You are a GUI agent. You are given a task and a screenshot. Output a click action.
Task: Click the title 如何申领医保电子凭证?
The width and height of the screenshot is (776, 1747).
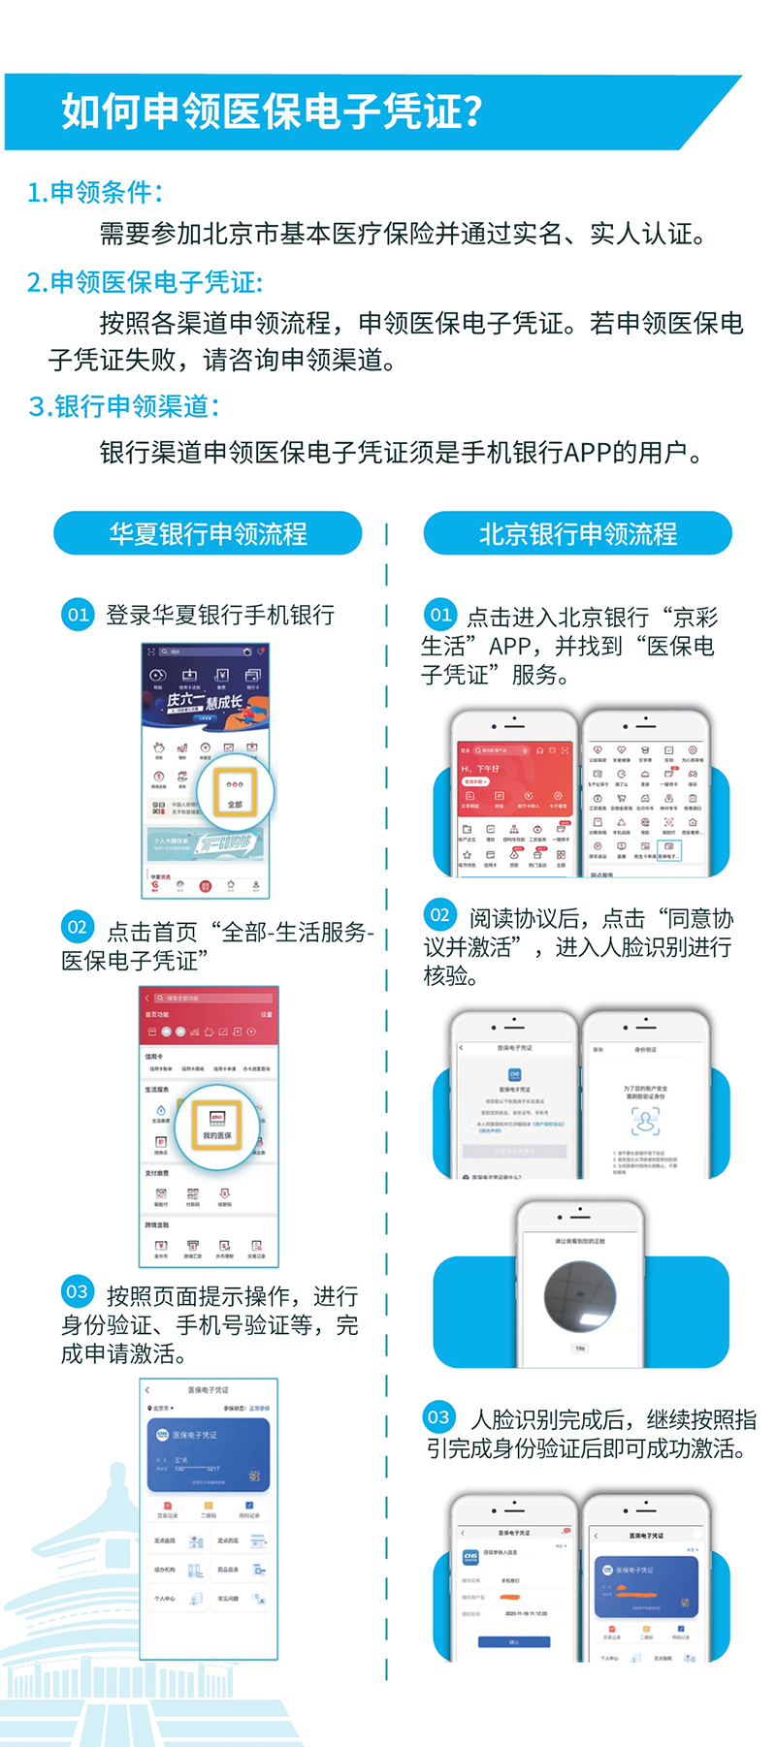point(272,111)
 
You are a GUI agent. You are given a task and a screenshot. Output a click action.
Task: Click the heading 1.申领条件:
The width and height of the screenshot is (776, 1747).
point(95,192)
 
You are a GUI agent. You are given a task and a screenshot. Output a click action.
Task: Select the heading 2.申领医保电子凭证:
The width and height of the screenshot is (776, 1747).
point(145,282)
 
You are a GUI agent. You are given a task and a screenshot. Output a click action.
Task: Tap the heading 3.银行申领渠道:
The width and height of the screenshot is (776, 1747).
point(123,406)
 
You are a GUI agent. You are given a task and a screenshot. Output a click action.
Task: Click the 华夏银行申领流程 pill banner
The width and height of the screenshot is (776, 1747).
point(208,533)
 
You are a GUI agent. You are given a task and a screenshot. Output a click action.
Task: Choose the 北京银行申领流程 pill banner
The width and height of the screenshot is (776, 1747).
point(577,533)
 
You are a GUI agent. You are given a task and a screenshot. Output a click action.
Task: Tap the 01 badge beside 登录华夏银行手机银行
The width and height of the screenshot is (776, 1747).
point(78,615)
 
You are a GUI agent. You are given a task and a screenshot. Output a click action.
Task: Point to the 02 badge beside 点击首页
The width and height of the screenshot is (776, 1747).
point(78,927)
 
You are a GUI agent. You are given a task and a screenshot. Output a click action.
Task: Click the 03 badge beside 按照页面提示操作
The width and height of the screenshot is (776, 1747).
point(78,1291)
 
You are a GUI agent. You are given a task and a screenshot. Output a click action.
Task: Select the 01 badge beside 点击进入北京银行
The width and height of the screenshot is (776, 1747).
point(440,615)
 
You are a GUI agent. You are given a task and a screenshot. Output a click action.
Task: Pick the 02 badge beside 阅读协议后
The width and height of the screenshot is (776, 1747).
point(440,914)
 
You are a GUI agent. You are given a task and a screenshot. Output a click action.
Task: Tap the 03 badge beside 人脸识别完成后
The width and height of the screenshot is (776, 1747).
point(439,1417)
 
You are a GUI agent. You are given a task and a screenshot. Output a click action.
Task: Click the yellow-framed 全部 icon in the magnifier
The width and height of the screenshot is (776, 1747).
point(235,792)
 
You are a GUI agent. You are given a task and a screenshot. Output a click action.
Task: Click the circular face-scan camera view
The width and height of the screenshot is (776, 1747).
point(580,1297)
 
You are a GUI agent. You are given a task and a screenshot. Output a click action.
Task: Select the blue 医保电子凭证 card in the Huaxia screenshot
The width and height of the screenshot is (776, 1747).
point(209,1454)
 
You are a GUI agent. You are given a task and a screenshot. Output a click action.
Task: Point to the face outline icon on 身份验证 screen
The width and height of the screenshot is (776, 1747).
point(645,1121)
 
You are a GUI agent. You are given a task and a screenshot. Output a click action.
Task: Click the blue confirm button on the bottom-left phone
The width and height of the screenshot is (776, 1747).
point(514,1641)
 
